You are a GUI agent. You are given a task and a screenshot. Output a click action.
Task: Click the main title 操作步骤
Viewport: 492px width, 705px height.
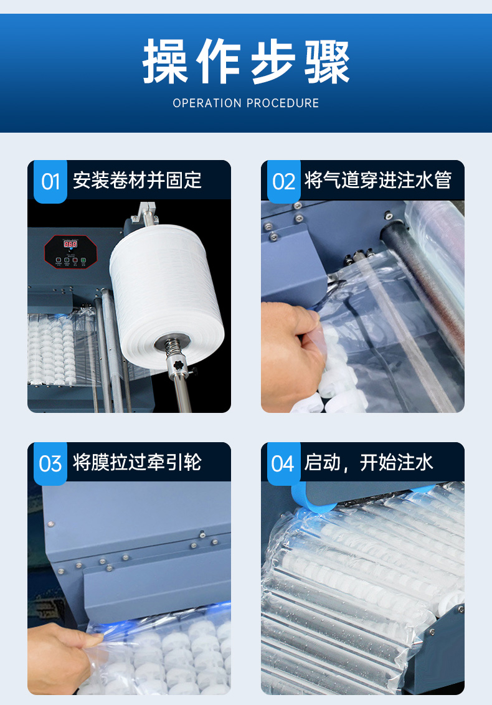coord(246,62)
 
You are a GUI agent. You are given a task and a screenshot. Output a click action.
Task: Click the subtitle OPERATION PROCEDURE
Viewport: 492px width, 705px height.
coord(246,103)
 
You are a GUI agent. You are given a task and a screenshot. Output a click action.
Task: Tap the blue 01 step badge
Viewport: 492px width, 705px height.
coord(50,181)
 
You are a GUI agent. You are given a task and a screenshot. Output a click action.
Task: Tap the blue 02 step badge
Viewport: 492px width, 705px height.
coord(284,181)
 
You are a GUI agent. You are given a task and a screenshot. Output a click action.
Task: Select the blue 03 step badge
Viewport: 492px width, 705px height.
coord(50,463)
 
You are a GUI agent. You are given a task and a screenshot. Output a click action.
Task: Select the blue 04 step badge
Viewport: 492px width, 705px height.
coord(284,463)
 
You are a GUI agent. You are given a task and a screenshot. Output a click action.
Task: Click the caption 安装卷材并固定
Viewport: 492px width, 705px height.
coord(137,180)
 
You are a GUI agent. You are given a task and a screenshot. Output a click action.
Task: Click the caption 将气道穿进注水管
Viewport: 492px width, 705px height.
coord(378,180)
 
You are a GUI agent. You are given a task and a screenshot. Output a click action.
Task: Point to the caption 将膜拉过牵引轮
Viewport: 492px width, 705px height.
coord(137,462)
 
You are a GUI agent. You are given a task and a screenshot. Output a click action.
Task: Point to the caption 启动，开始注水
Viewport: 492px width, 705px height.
coord(369,462)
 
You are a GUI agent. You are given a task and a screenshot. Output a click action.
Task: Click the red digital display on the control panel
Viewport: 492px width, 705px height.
coord(70,244)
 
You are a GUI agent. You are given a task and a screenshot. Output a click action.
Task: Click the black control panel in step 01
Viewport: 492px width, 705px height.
coord(70,252)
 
